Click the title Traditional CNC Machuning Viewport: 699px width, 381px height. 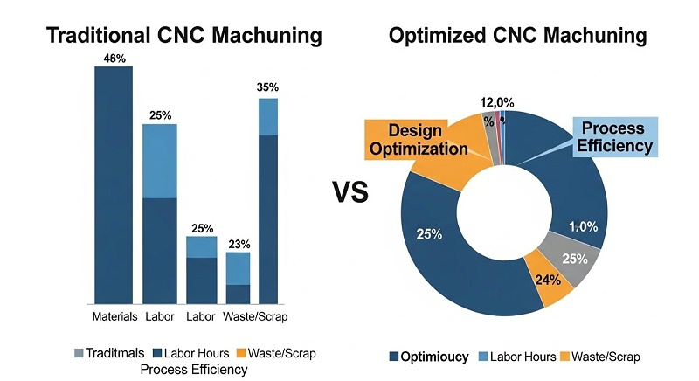(x=183, y=37)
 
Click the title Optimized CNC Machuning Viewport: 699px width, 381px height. (x=517, y=37)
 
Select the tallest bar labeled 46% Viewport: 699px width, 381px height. (x=114, y=184)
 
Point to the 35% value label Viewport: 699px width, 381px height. (x=267, y=87)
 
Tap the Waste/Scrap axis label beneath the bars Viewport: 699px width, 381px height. (x=255, y=315)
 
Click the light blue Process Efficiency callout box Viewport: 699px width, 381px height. (x=612, y=138)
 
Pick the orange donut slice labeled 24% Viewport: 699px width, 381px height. (x=549, y=284)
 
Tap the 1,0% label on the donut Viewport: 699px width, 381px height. (x=583, y=226)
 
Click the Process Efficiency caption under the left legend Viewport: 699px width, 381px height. (x=193, y=370)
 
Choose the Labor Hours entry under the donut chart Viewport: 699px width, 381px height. (x=518, y=357)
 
